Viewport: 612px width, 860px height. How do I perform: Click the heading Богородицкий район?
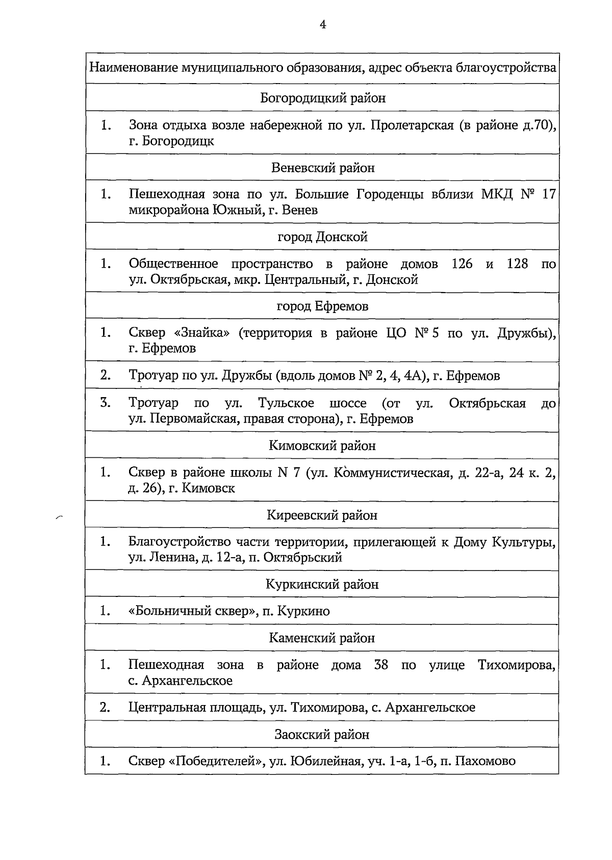click(323, 98)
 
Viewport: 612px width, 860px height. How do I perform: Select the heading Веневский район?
click(323, 168)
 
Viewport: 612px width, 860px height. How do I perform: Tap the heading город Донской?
click(323, 237)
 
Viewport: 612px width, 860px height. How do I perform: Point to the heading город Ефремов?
click(323, 306)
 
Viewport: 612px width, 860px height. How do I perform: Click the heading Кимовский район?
click(323, 446)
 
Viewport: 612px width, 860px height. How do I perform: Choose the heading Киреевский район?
click(323, 515)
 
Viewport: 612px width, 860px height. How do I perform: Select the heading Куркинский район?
click(323, 584)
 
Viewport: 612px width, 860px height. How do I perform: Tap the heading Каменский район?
click(323, 638)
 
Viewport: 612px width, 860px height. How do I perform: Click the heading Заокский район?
click(323, 735)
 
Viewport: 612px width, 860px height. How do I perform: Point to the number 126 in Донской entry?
click(462, 264)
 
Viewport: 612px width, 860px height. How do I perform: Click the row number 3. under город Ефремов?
click(106, 403)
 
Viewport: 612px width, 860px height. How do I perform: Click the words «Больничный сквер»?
click(192, 611)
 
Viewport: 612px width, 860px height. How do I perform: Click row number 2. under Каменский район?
click(106, 708)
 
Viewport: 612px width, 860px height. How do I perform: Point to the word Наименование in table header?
click(133, 68)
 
